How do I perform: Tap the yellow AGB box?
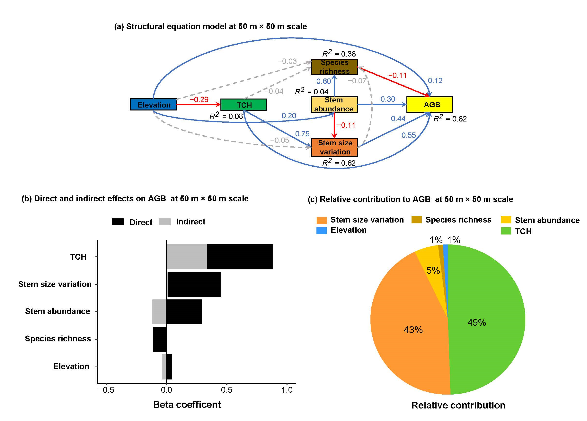[430, 105]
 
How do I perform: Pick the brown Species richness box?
[334, 67]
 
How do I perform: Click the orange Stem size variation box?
[334, 147]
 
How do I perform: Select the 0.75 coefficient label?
[302, 134]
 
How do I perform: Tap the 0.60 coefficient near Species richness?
[324, 81]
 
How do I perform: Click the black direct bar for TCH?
[239, 257]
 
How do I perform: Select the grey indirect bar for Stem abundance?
[159, 312]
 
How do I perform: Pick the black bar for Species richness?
[160, 339]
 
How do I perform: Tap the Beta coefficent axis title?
[187, 405]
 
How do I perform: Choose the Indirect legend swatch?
[165, 222]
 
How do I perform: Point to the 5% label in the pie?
[433, 271]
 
